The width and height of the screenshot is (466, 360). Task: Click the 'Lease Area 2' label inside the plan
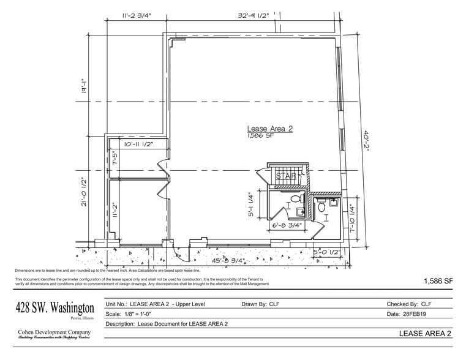269,129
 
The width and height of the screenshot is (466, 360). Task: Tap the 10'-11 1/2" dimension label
138,144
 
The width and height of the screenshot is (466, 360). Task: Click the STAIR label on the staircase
287,176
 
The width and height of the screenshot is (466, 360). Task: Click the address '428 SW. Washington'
54,307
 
